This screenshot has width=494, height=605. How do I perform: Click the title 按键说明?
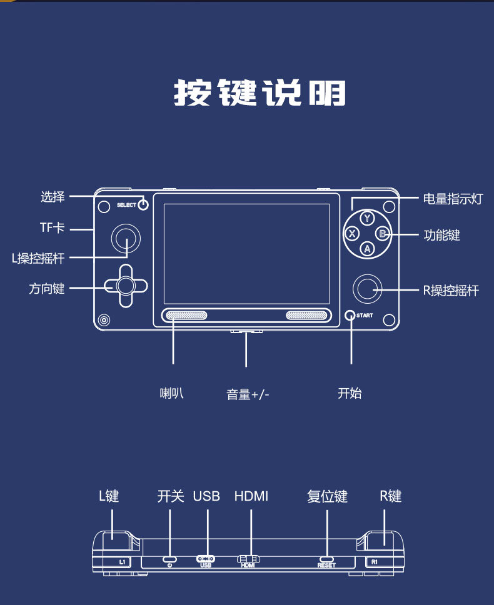[x=260, y=92]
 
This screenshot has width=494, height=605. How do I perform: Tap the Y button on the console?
[x=367, y=218]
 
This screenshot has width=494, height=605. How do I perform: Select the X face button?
[x=351, y=233]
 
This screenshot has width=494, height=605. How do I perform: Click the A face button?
[x=367, y=249]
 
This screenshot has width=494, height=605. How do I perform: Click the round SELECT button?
[x=143, y=204]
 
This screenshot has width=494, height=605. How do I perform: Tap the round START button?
[x=350, y=315]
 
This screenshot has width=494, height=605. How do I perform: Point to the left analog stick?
[x=126, y=239]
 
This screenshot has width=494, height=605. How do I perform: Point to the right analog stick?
[x=368, y=289]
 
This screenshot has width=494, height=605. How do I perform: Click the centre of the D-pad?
[x=126, y=286]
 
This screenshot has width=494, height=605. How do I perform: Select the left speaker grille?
[x=186, y=315]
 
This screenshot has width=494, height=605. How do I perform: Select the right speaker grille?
[x=306, y=315]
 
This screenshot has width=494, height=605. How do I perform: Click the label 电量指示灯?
[x=453, y=199]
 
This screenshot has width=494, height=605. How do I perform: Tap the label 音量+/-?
[x=248, y=394]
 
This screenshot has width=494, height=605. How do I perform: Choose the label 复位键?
[x=327, y=496]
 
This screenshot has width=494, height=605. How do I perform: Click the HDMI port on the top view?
[x=248, y=559]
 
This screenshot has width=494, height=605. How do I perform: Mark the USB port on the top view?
[x=206, y=559]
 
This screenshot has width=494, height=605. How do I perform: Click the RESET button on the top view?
[x=326, y=559]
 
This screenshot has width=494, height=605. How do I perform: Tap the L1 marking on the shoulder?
[x=122, y=562]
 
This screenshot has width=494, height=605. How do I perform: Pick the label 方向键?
[x=47, y=289]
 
